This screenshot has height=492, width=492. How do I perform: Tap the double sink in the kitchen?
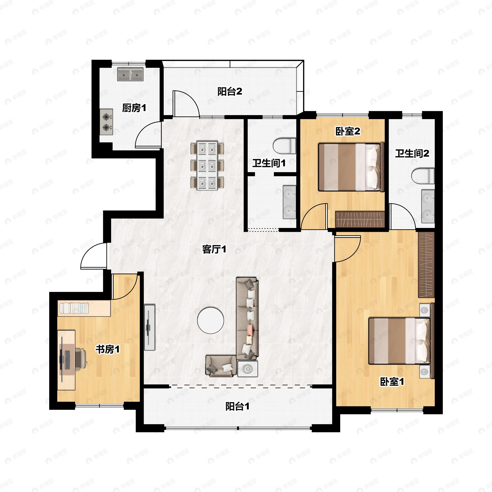tap(130, 75)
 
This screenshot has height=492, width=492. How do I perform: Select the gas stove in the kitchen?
tap(106, 122)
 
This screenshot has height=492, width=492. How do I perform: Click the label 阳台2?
tap(229, 92)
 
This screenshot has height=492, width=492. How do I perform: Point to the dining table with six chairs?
tap(207, 165)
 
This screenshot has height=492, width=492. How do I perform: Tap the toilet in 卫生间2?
tap(423, 176)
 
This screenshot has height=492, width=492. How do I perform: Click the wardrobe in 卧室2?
tap(360, 220)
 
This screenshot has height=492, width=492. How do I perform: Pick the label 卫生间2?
tap(412, 154)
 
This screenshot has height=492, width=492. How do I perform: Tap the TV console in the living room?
tap(150, 327)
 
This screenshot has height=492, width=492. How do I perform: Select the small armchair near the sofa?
tap(221, 366)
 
